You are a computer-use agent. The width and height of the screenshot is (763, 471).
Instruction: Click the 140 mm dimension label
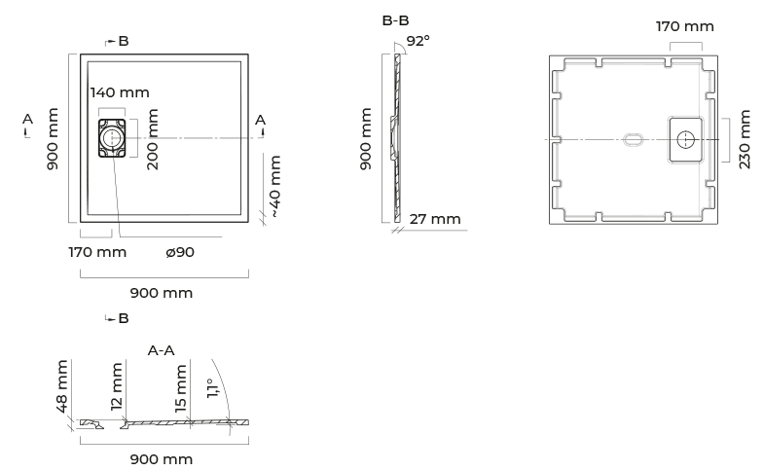(x=120, y=92)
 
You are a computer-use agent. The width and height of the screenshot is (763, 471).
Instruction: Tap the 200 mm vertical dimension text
(x=152, y=139)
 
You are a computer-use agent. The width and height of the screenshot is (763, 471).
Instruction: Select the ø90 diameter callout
(x=180, y=252)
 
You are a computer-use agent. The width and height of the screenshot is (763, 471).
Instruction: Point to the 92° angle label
(x=418, y=41)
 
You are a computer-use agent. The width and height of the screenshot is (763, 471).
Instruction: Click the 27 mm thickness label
(x=435, y=219)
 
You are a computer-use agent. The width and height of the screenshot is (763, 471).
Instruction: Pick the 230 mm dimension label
(x=745, y=139)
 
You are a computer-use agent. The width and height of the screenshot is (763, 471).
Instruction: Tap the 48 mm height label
(x=62, y=386)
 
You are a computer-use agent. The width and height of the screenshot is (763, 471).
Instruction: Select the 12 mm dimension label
(x=117, y=386)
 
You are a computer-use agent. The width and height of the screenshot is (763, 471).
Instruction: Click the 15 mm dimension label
(x=180, y=388)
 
